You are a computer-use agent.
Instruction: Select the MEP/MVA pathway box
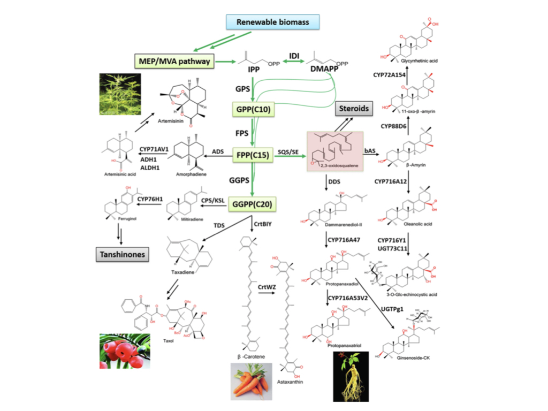pyautogui.click(x=174, y=62)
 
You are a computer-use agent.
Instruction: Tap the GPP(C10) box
pyautogui.click(x=253, y=110)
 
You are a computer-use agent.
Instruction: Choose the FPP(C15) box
pyautogui.click(x=253, y=156)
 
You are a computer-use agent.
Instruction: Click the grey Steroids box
pyautogui.click(x=353, y=109)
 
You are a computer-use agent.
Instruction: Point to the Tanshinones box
pyautogui.click(x=121, y=255)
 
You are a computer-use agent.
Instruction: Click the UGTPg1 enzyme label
pyautogui.click(x=395, y=309)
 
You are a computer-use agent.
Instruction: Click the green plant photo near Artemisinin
pyautogui.click(x=120, y=94)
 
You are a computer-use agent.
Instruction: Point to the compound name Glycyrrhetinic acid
pyautogui.click(x=420, y=61)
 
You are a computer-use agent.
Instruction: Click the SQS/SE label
pyautogui.click(x=288, y=153)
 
